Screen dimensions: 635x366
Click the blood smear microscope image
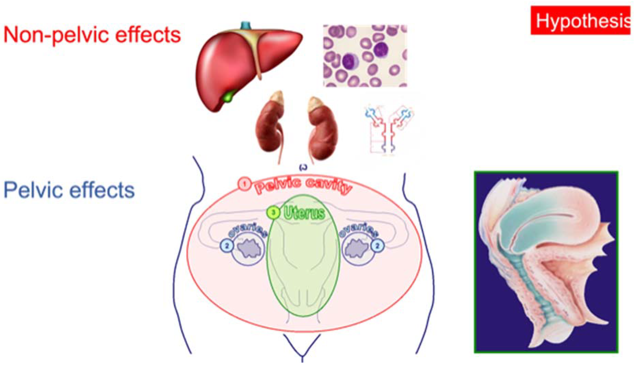[x=365, y=56]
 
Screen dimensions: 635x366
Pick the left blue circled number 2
[x=227, y=246]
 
